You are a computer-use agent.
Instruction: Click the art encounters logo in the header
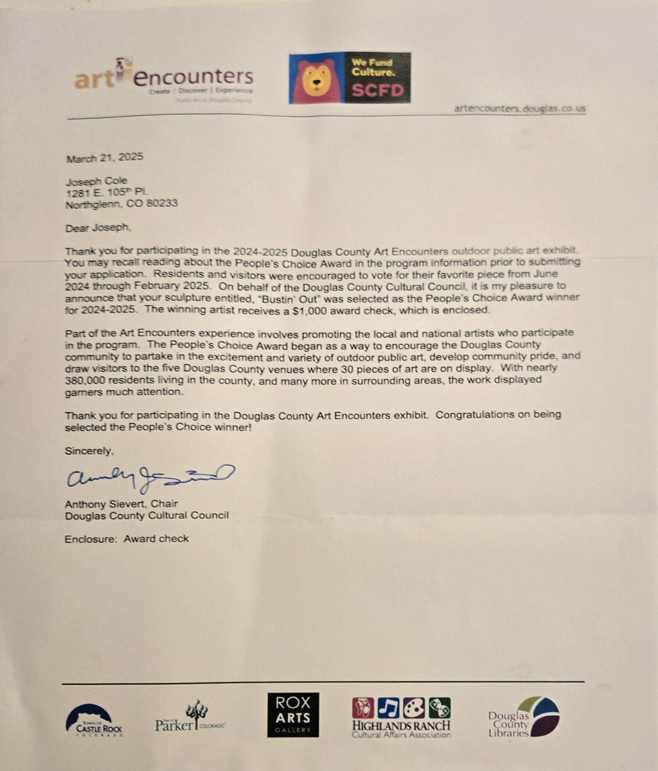point(164,80)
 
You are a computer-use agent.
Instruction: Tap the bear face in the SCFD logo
point(314,80)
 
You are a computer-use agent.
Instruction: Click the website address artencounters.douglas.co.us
point(520,109)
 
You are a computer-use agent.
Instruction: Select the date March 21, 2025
point(105,157)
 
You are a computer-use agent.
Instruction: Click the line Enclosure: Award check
point(127,538)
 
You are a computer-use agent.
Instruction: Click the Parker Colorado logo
point(191,718)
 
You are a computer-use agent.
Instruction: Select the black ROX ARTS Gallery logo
point(293,714)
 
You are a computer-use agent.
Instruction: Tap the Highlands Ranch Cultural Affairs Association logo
point(401,717)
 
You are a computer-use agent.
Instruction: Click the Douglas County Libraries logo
point(523,717)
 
